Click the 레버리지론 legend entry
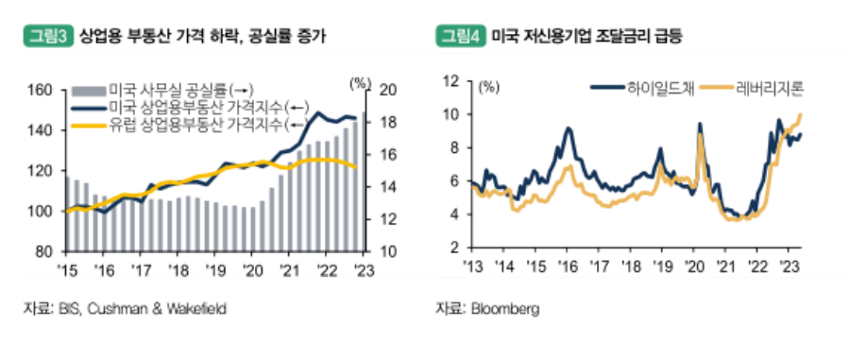pos(770,89)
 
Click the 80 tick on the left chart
pos(43,252)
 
